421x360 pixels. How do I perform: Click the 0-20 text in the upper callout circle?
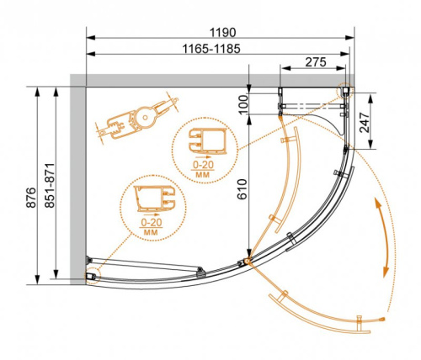pos(202,163)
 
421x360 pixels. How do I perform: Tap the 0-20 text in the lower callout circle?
pos(152,220)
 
